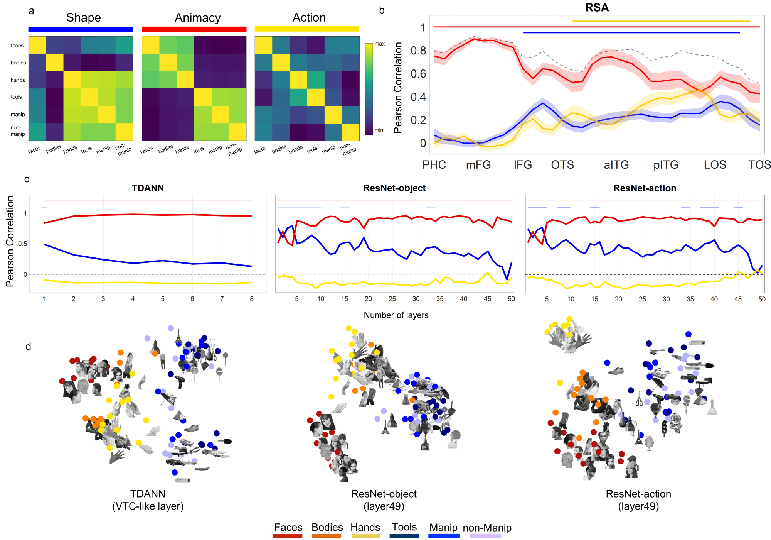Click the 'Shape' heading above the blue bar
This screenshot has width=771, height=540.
click(x=83, y=17)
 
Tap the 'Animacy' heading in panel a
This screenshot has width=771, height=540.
click(x=197, y=18)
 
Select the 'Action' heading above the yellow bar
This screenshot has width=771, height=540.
click(x=309, y=17)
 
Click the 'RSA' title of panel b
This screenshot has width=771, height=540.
click(x=597, y=7)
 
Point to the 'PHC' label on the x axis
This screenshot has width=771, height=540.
click(x=434, y=165)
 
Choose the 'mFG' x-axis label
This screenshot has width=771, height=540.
click(x=478, y=165)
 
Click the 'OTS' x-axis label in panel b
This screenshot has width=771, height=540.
click(x=562, y=165)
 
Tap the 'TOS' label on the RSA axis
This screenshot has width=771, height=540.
click(x=759, y=165)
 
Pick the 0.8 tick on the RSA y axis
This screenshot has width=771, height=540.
click(x=418, y=51)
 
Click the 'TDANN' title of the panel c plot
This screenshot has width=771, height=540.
click(x=148, y=188)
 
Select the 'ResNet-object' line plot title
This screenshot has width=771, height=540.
click(x=394, y=188)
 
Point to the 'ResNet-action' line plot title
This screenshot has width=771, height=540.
click(x=645, y=188)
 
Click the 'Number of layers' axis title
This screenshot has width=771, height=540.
click(x=396, y=315)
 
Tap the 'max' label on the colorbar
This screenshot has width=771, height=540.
click(x=379, y=44)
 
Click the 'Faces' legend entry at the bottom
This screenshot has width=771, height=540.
click(x=288, y=527)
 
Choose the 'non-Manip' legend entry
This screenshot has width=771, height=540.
click(x=487, y=528)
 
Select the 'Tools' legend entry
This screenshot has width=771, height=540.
click(x=404, y=527)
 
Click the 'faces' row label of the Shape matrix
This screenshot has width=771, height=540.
click(x=17, y=46)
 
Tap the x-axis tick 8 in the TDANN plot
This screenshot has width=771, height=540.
click(x=252, y=299)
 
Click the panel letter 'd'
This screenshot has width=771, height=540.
click(x=28, y=346)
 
